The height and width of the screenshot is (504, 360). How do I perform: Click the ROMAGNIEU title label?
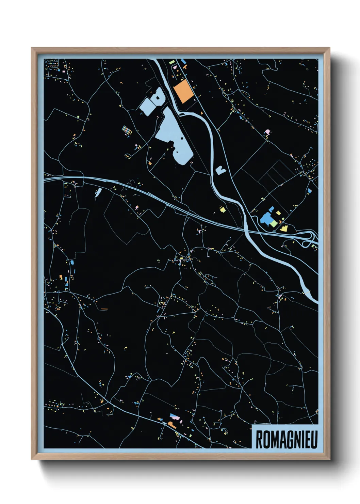286,439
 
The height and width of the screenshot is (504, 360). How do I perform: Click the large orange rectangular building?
183,91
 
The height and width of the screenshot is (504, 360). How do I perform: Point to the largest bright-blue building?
266,218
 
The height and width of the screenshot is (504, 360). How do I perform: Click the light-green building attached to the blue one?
274,223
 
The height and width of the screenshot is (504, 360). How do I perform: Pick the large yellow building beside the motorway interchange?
283,228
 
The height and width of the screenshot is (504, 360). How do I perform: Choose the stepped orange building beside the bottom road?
170,424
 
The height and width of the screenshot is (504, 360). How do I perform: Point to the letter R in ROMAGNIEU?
259,440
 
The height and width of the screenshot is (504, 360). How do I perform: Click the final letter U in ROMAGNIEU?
313,440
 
